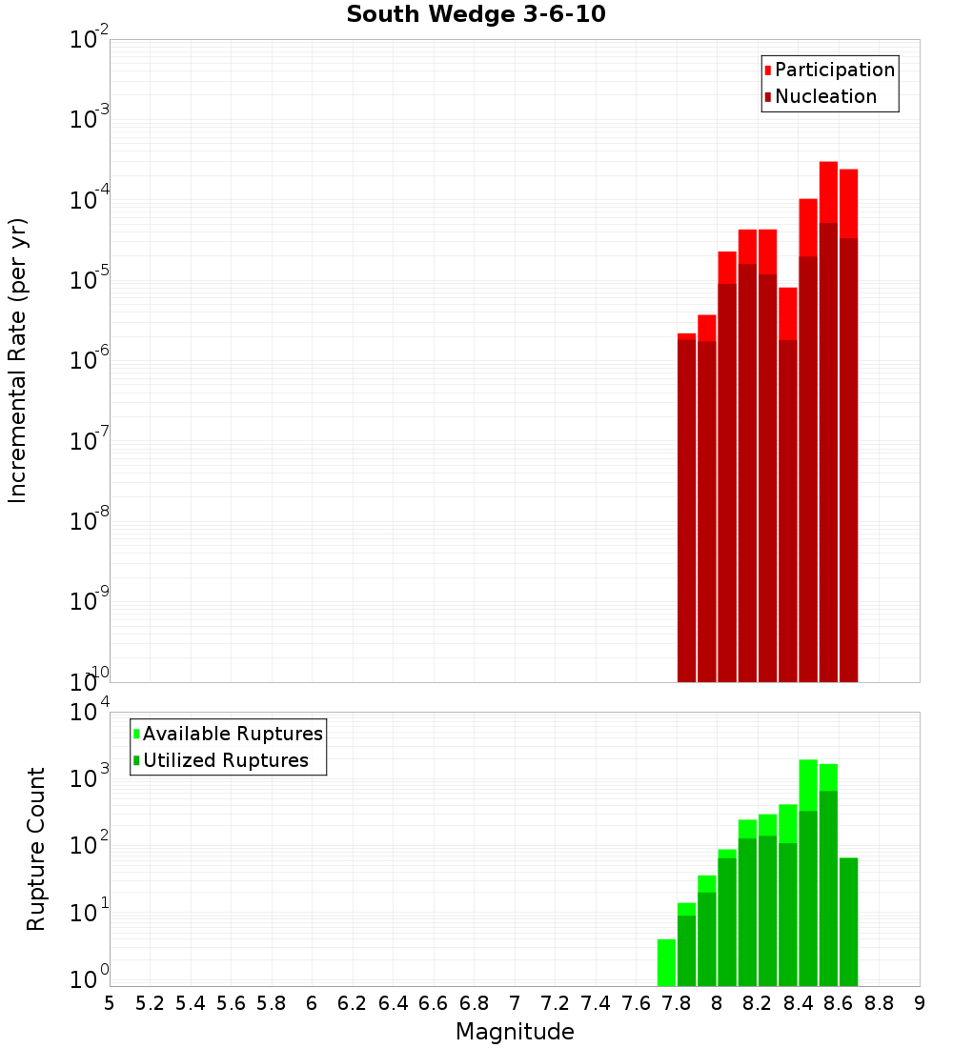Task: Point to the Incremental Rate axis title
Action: click(x=18, y=360)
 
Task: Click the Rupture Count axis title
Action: click(x=36, y=849)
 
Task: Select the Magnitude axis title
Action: click(x=515, y=1032)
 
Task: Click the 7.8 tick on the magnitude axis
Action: click(x=677, y=1003)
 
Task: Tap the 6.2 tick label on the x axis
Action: click(x=353, y=1003)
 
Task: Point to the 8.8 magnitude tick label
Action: click(x=879, y=1003)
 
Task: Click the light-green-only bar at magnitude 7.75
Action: click(x=666, y=962)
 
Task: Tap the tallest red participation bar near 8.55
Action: click(x=828, y=191)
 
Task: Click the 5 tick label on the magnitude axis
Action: click(x=110, y=1003)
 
